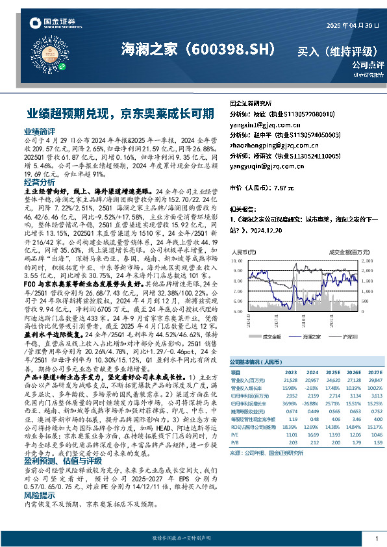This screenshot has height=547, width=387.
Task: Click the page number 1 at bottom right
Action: (x=377, y=539)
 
